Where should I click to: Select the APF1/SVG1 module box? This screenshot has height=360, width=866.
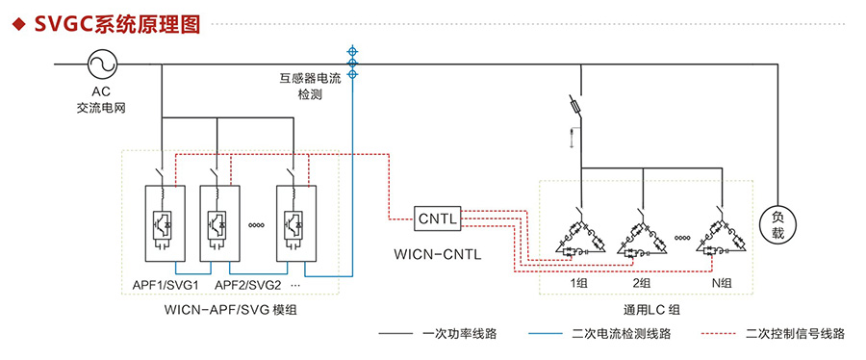165,222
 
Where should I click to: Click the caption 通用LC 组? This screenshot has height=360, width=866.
650,309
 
